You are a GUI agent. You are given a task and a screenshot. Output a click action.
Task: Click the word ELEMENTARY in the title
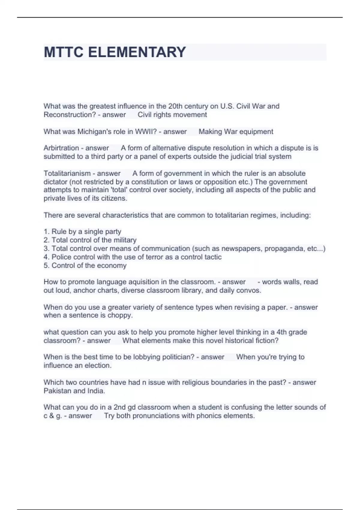coord(137,52)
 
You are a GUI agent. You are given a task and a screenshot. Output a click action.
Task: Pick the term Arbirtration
coord(61,148)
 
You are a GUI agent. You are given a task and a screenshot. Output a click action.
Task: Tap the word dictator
coord(55,182)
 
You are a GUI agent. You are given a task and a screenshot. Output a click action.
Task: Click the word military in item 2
coord(125,240)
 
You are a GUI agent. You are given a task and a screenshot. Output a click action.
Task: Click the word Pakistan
coord(57,391)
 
